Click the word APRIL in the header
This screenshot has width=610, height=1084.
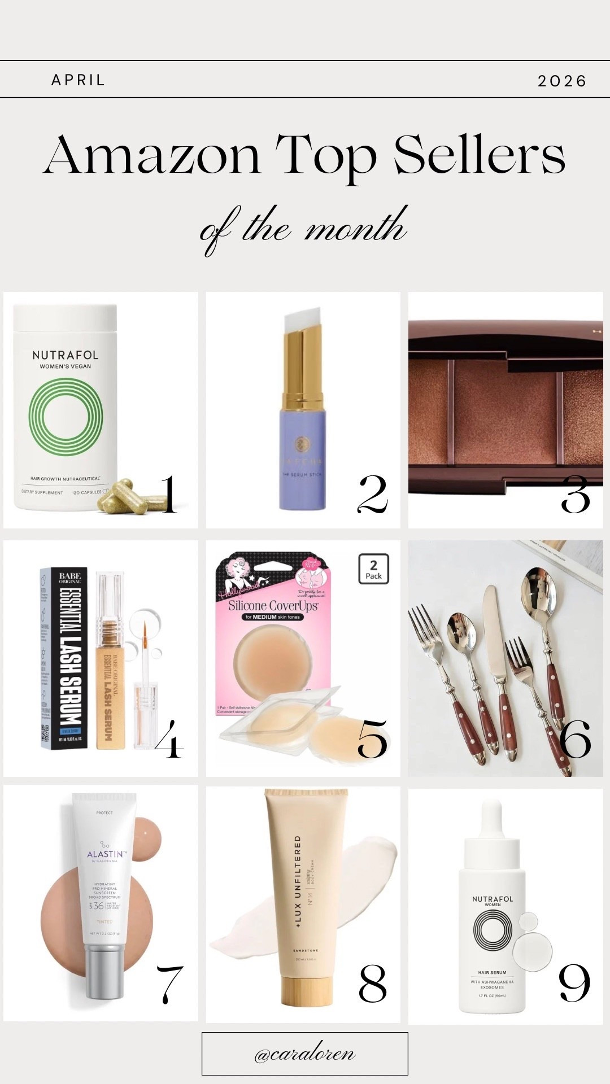tap(78, 80)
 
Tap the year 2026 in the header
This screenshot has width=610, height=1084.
tap(561, 81)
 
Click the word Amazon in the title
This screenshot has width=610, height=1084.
tap(152, 156)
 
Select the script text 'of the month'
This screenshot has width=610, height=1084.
tap(304, 228)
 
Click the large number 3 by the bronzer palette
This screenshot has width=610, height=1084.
tap(574, 495)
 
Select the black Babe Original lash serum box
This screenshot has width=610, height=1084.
tap(63, 658)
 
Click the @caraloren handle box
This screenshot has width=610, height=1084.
tap(304, 1054)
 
